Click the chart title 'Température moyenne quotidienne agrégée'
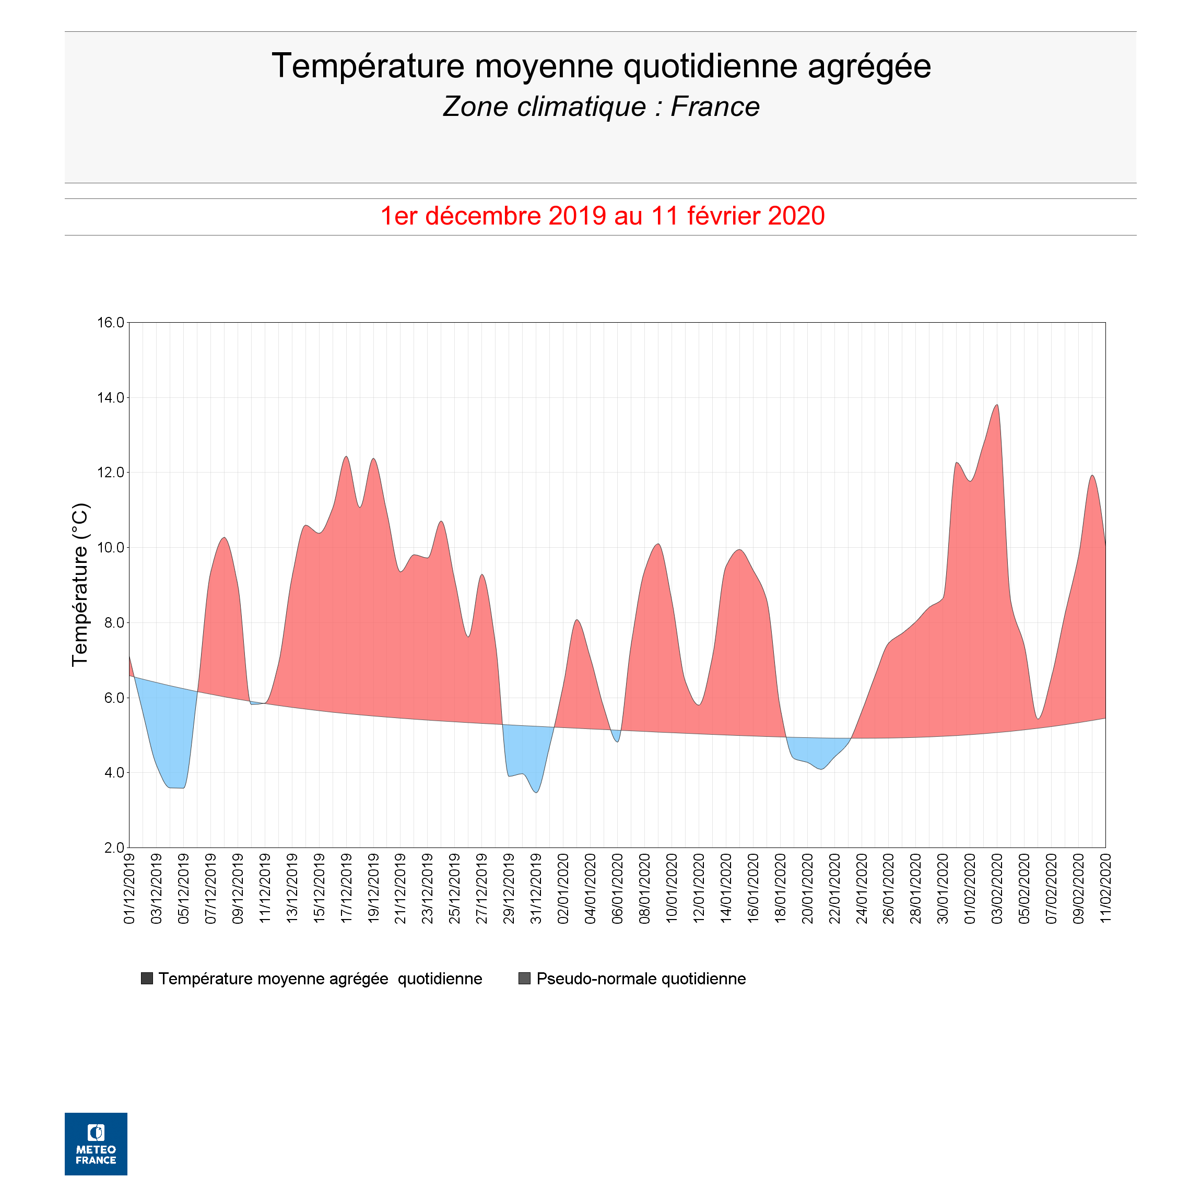[x=600, y=66]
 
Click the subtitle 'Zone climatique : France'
[x=600, y=107]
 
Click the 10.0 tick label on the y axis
[x=110, y=548]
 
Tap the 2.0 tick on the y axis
[x=114, y=848]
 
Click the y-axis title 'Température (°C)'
[x=80, y=584]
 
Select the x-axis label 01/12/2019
[x=129, y=889]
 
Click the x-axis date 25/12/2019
[x=455, y=889]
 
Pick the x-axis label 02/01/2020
[x=563, y=889]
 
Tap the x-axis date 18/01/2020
[x=780, y=889]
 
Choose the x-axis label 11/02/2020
[x=1105, y=889]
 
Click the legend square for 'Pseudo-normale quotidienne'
[x=524, y=979]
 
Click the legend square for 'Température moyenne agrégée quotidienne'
[x=147, y=979]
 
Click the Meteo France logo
[x=96, y=1144]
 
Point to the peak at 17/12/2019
[x=346, y=457]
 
